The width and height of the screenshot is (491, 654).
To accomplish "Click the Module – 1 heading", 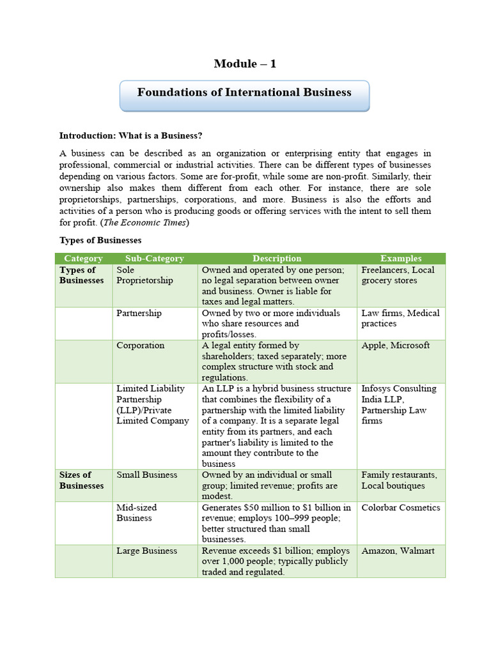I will point(245,63).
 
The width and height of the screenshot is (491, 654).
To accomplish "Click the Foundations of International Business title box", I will point(244,93).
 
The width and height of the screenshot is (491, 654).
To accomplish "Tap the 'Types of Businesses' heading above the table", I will point(100,240).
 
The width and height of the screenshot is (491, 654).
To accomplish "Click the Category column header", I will point(84,259).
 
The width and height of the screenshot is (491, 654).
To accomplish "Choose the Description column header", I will point(277,259).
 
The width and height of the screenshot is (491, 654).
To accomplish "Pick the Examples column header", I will point(401,259).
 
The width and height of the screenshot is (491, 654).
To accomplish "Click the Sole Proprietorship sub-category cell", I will point(144,275).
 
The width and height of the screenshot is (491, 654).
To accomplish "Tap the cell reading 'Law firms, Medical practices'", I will point(400,318).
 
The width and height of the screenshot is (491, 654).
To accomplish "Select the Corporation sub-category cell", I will point(141,346).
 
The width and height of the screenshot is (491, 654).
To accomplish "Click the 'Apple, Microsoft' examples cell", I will point(396,346).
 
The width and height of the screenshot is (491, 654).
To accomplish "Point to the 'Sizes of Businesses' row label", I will point(81,480).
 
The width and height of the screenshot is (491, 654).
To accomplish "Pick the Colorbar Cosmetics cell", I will point(401,508).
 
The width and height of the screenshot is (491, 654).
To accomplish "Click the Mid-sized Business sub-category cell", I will point(137,513).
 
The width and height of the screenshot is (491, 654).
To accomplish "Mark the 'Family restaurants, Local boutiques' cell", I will point(400,480).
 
